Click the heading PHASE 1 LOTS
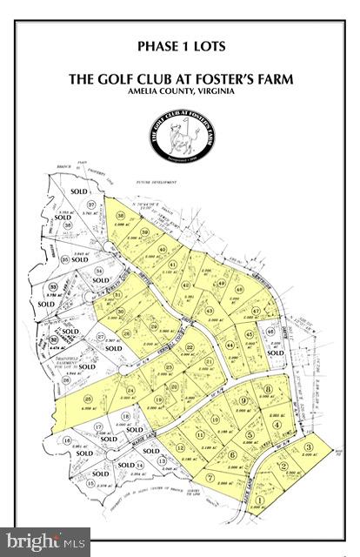tap(180, 44)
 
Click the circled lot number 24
tap(131, 391)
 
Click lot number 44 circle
tap(230, 346)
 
